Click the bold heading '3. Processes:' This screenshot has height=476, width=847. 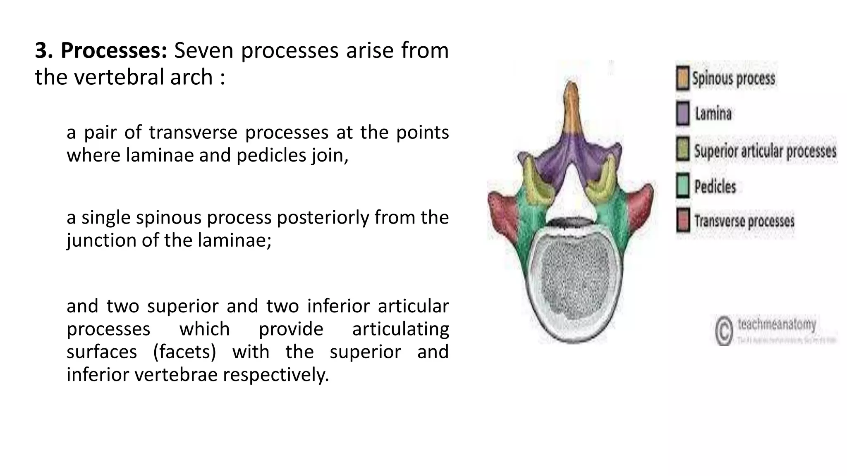click(x=101, y=51)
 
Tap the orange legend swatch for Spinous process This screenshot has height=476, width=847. click(x=683, y=78)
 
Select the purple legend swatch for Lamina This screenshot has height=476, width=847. click(x=683, y=113)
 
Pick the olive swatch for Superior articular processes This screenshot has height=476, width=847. click(x=683, y=149)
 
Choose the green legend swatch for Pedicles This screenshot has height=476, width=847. click(x=683, y=186)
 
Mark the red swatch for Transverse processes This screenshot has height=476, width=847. click(x=683, y=220)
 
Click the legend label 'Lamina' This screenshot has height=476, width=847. click(x=713, y=114)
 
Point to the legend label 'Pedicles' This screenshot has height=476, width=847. click(x=715, y=187)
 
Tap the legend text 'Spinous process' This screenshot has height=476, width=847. click(x=733, y=79)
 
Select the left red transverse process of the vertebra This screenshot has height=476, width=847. click(x=502, y=210)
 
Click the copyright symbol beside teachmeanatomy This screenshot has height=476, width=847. click(x=724, y=331)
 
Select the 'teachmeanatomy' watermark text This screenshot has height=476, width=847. click(x=777, y=325)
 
